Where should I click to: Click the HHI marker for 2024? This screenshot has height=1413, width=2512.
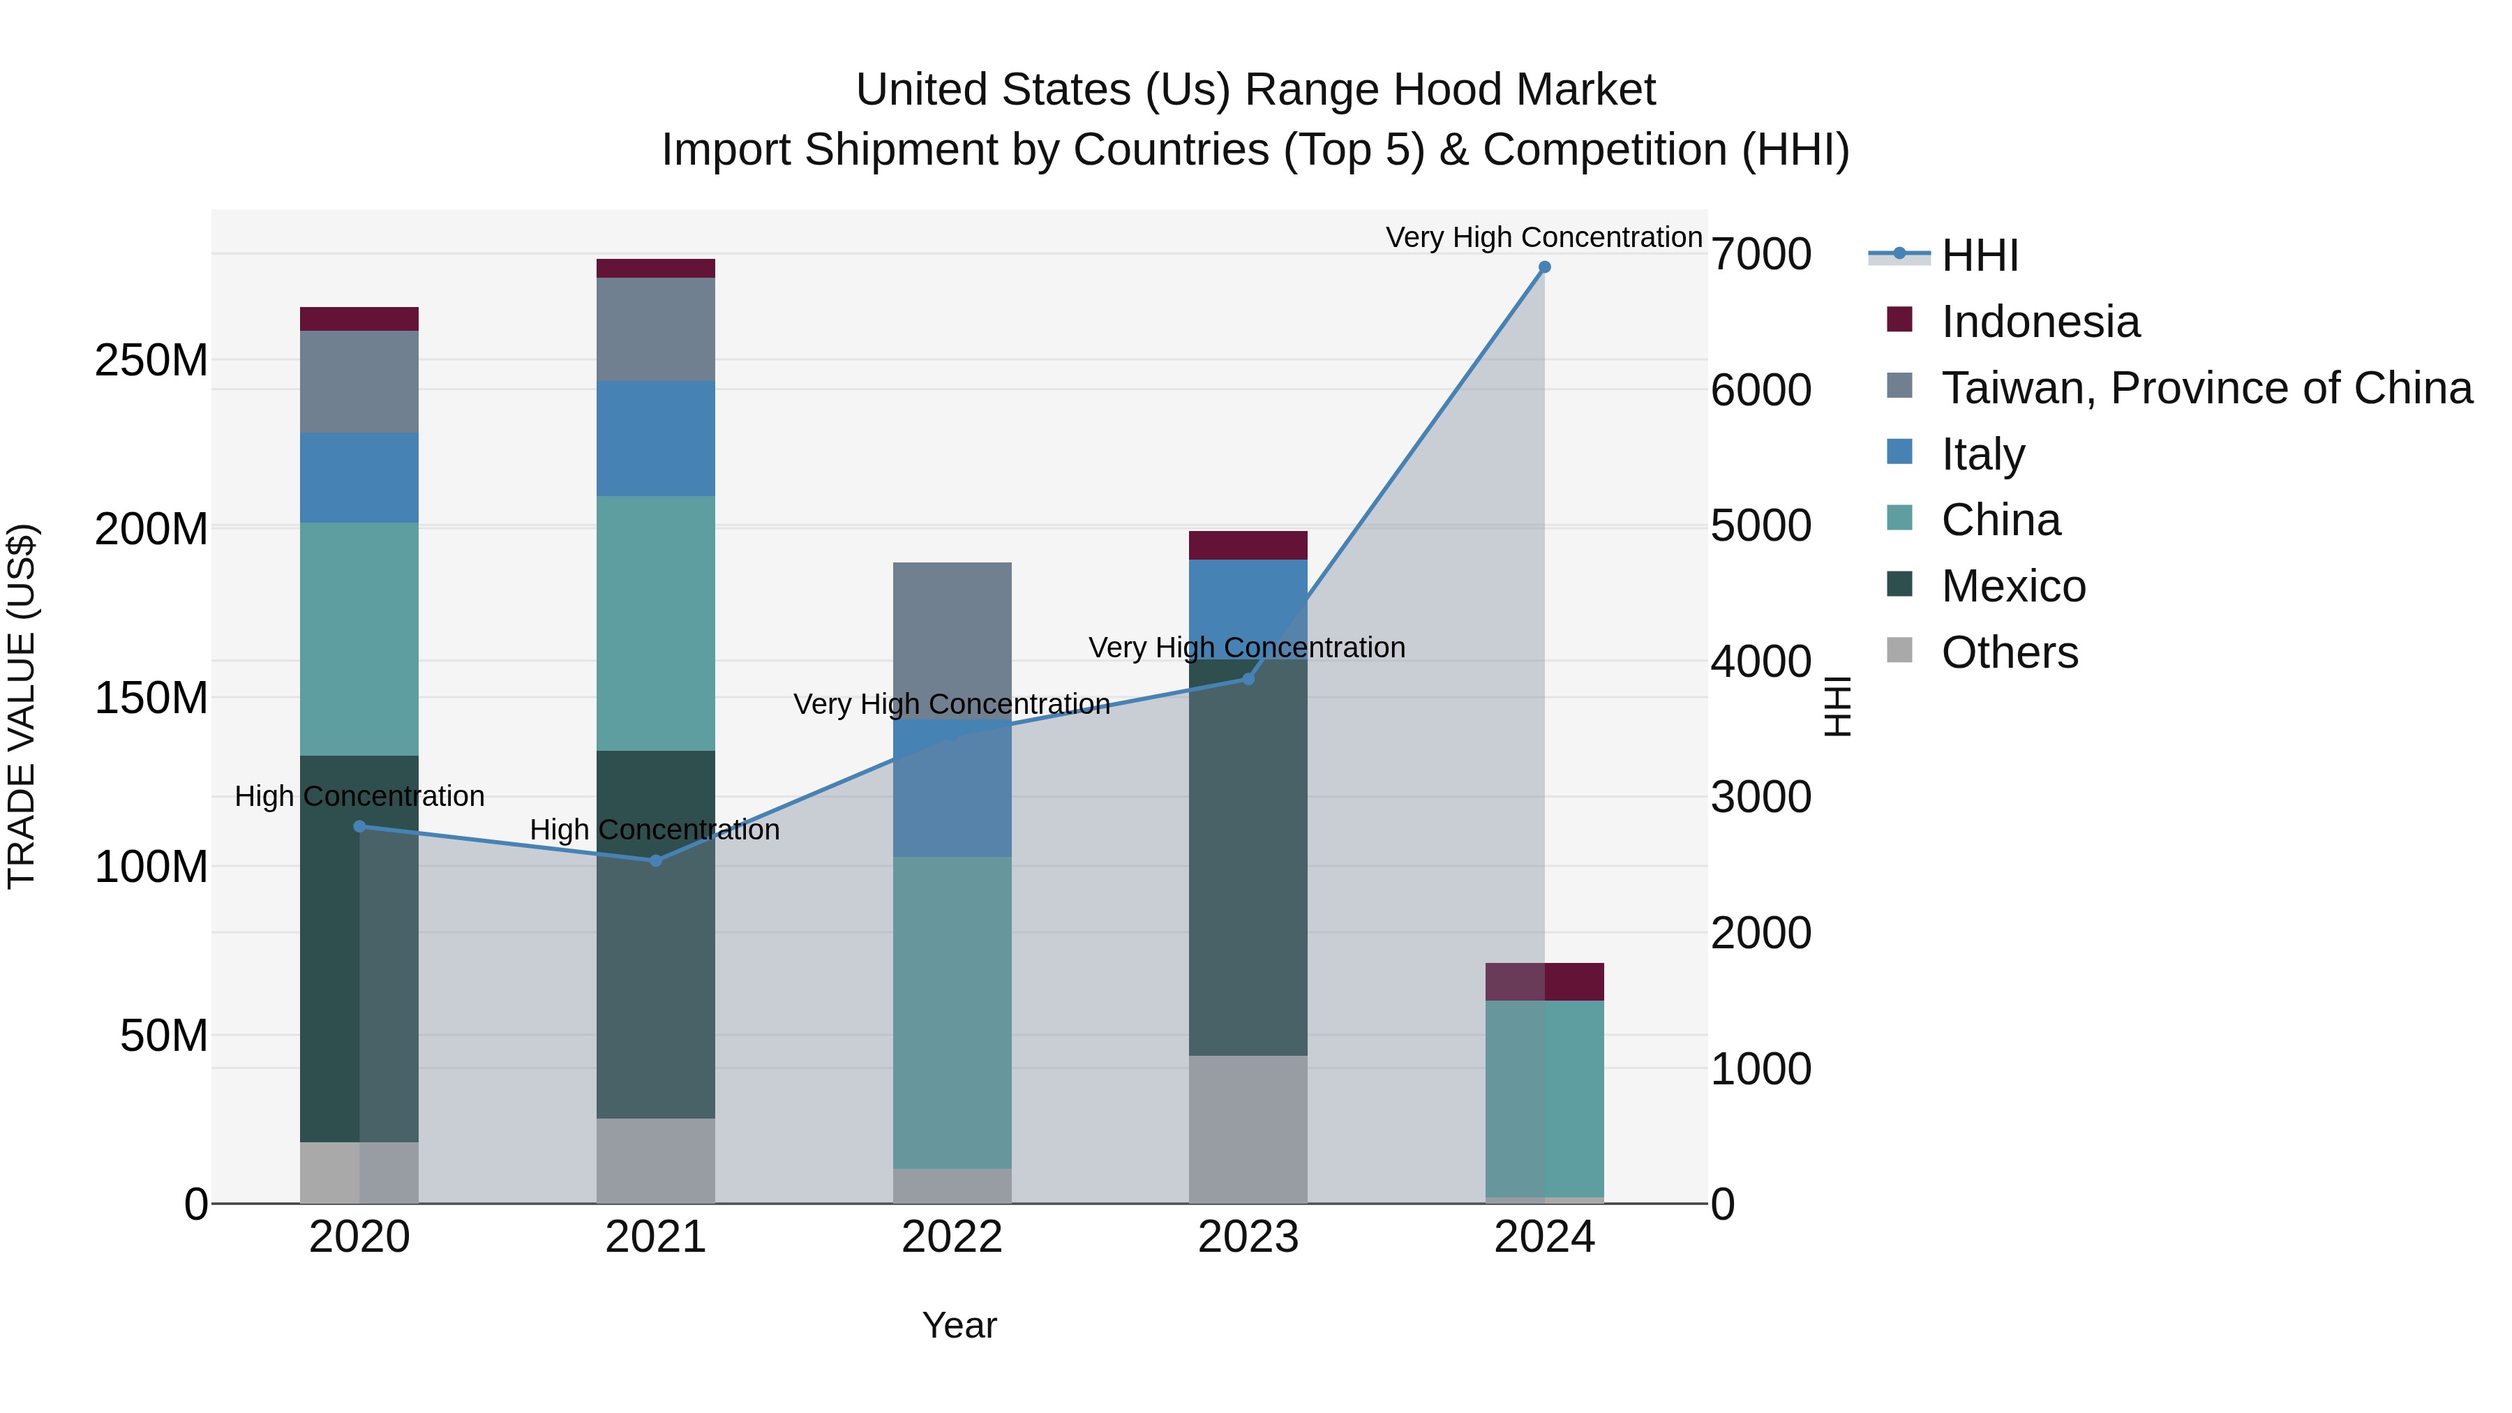click(1543, 267)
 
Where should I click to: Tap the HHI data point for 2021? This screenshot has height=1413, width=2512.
click(655, 860)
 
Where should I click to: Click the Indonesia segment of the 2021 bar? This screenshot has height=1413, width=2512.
click(655, 268)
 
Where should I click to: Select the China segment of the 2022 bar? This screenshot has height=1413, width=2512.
click(952, 1012)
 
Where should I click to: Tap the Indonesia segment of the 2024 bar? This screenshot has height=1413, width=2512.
click(1543, 981)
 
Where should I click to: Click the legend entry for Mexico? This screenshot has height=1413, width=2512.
click(2012, 586)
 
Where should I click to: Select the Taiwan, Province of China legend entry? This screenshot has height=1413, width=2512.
click(2206, 388)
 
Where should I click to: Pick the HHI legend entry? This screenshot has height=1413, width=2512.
click(1979, 255)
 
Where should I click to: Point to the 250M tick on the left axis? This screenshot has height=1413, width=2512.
click(151, 361)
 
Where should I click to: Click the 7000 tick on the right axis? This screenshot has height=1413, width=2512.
click(1761, 255)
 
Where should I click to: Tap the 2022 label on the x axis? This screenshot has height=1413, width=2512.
click(952, 1237)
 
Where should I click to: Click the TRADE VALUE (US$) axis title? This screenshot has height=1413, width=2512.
click(22, 706)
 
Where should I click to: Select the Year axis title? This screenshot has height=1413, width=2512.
click(959, 1325)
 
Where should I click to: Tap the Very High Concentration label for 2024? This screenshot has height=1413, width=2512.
click(1543, 237)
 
